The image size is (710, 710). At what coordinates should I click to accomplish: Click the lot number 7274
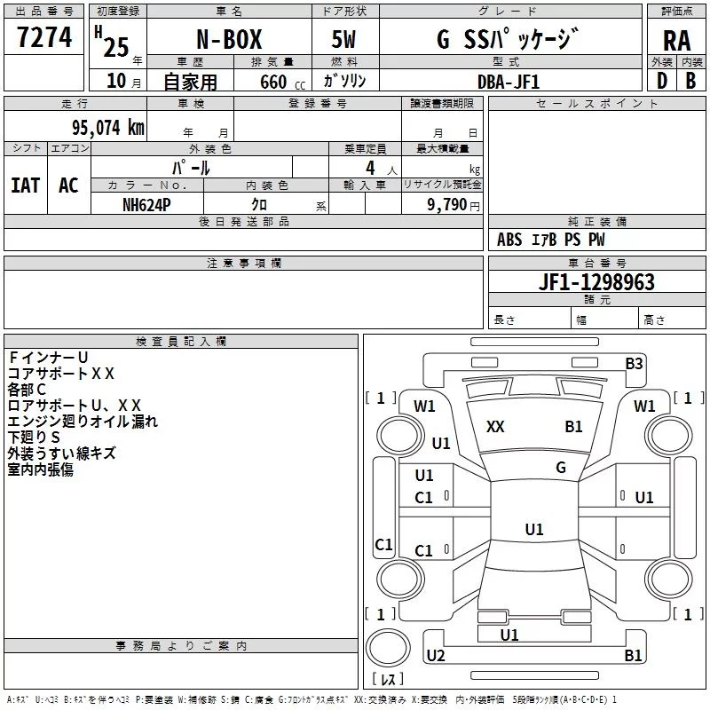[x=44, y=37]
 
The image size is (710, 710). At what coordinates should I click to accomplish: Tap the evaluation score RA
[x=676, y=41]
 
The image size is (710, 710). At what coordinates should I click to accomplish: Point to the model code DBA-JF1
[x=508, y=81]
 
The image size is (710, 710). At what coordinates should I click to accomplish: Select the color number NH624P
[x=147, y=204]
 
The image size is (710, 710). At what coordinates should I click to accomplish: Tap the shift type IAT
[x=25, y=185]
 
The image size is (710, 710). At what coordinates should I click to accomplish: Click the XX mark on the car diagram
[x=495, y=427]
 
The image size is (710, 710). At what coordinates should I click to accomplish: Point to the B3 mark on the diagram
[x=634, y=363]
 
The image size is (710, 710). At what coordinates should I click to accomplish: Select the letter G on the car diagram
[x=561, y=467]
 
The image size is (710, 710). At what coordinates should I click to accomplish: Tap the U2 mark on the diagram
[x=435, y=656]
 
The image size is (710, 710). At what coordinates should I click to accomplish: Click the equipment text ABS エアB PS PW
[x=551, y=240]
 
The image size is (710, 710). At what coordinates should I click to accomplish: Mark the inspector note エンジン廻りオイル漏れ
[x=83, y=421]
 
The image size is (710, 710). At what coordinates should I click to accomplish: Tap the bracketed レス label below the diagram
[x=388, y=679]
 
